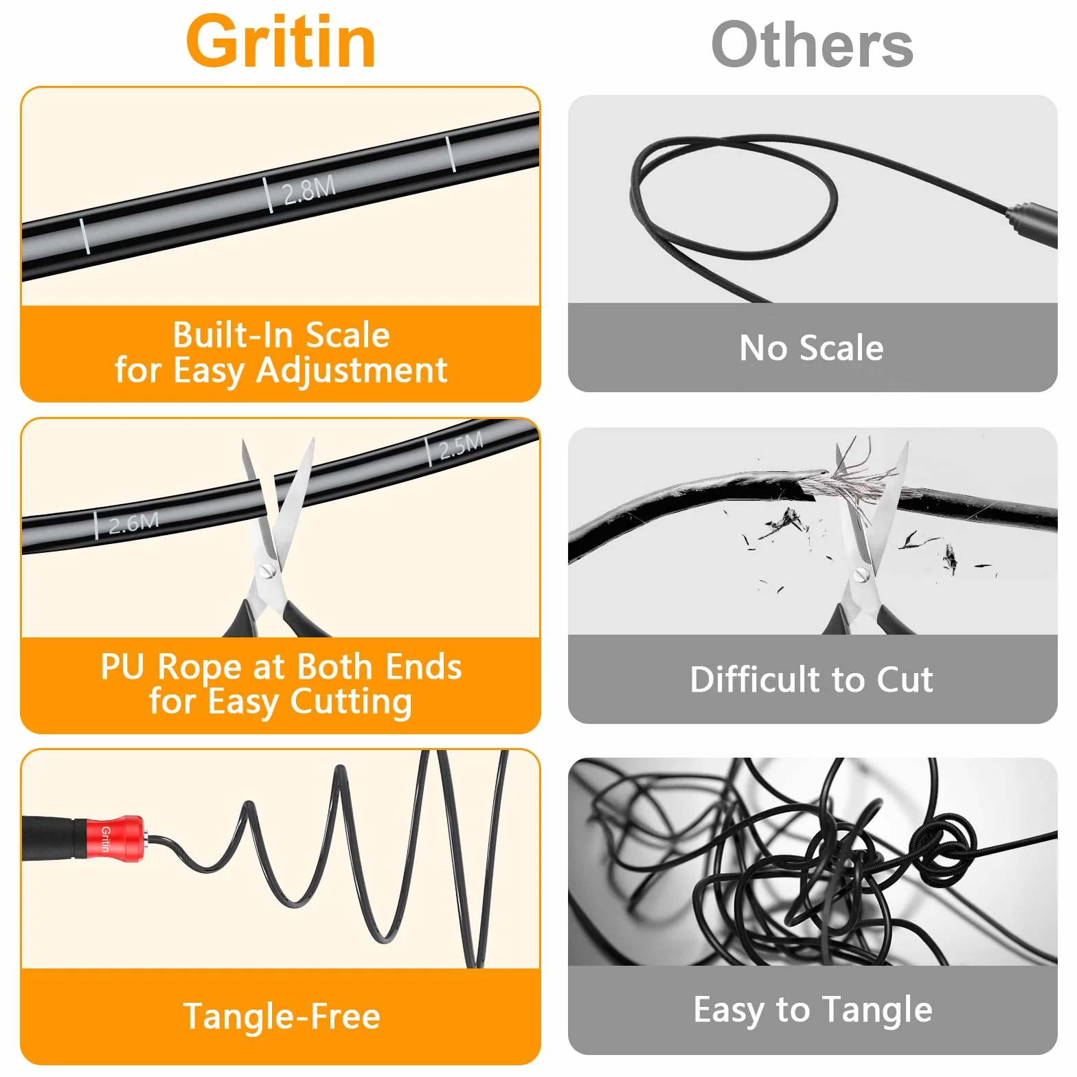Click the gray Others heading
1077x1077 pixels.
(x=812, y=45)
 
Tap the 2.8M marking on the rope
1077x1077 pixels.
(x=309, y=190)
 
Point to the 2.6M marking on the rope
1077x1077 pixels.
(x=134, y=524)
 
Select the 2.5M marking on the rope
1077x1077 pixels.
(x=461, y=446)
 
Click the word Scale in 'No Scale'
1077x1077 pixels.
(x=841, y=348)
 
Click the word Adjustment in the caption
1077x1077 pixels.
(x=352, y=371)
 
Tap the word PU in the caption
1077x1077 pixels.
(x=123, y=666)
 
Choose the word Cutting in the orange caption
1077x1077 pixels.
(x=351, y=702)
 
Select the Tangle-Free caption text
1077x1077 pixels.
(x=282, y=1016)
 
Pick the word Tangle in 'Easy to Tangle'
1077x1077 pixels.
(x=878, y=1010)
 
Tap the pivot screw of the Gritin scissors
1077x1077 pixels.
(x=268, y=569)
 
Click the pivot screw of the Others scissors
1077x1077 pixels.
(x=861, y=574)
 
